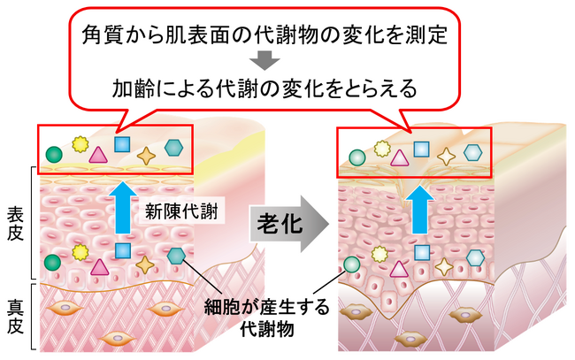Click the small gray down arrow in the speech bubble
point(265,60)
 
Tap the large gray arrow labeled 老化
point(289,224)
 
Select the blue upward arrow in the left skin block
point(123,208)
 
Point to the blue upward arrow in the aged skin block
point(419,210)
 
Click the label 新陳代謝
point(181,211)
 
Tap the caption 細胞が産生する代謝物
point(266,318)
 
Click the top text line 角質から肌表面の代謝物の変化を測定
point(264,34)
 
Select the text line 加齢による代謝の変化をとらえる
point(264,88)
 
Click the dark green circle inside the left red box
point(54,154)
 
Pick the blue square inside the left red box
point(122,144)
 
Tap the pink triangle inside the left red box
point(98,155)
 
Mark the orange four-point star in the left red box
point(146,156)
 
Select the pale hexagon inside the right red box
point(472,153)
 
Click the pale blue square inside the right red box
point(422,149)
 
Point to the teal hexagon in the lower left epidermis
point(176,256)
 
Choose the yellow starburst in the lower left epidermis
point(80,252)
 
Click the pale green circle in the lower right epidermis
point(352,264)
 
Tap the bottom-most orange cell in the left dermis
point(118,338)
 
